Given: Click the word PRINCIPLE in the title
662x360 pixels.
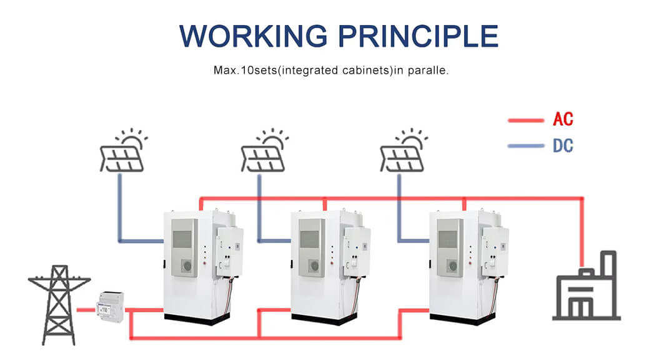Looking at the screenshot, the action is click(x=419, y=36).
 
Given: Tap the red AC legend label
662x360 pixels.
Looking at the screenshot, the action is click(x=563, y=119).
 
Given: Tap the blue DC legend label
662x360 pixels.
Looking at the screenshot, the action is click(x=563, y=146).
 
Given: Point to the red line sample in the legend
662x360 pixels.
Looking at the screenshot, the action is click(x=526, y=121).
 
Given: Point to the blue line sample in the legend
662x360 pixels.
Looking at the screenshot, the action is click(x=526, y=146).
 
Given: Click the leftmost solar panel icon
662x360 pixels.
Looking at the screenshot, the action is click(x=123, y=151).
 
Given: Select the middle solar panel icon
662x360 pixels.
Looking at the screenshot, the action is click(x=264, y=151).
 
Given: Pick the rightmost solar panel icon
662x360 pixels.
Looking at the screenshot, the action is click(x=403, y=151).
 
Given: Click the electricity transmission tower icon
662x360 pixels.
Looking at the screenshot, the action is click(x=59, y=305).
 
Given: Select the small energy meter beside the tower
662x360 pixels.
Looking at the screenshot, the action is click(x=111, y=306).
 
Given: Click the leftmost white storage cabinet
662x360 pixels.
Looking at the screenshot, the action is click(x=202, y=266).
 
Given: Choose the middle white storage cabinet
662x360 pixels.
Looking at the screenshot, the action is click(x=330, y=266).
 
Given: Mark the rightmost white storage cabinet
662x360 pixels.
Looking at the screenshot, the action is click(x=468, y=266).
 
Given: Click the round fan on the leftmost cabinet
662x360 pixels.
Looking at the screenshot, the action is click(x=187, y=266).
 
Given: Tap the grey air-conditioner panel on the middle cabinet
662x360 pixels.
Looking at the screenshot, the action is click(x=312, y=247).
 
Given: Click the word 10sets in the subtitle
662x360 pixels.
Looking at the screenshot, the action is click(x=259, y=70).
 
